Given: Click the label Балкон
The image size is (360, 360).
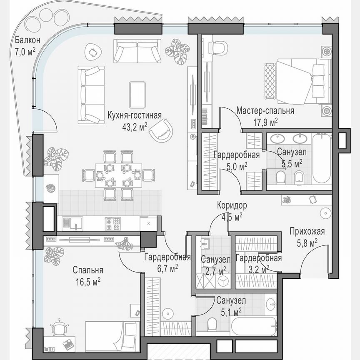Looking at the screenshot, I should point(27,40).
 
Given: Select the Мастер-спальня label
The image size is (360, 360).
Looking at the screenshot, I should point(265,111).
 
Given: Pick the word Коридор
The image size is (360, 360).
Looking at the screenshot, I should point(232,205).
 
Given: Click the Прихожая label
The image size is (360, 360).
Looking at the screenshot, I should point(307,232).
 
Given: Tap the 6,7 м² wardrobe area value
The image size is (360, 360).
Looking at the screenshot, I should point(167,267).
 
